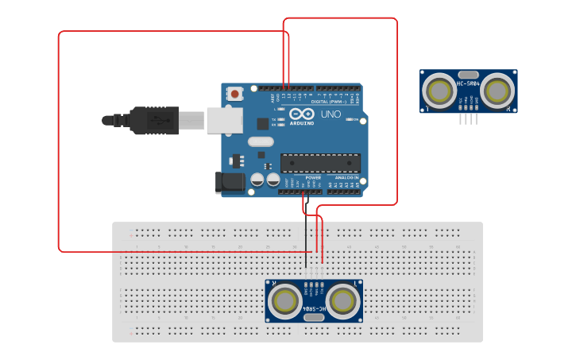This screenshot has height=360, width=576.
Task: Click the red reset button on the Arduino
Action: pyautogui.click(x=235, y=94)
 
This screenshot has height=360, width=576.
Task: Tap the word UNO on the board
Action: pyautogui.click(x=331, y=114)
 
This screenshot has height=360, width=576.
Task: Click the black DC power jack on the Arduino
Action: pyautogui.click(x=230, y=182)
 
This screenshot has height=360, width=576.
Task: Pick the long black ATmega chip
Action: pyautogui.click(x=320, y=163)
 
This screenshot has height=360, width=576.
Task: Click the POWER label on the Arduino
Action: pyautogui.click(x=313, y=178)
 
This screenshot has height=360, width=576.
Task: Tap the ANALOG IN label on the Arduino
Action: pyautogui.click(x=346, y=178)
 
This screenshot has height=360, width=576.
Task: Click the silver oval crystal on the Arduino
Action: pyautogui.click(x=260, y=142)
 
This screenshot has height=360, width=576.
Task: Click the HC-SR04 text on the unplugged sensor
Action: pyautogui.click(x=468, y=83)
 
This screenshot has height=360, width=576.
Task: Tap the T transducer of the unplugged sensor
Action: pyautogui.click(x=438, y=91)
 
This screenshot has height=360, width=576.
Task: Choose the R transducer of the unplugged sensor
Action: pyautogui.click(x=497, y=91)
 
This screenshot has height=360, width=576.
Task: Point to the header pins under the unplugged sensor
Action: pyautogui.click(x=468, y=118)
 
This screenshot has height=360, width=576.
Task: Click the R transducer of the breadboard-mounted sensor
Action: pyautogui.click(x=284, y=301)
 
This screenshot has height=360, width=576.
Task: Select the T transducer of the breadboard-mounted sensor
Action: pyautogui.click(x=343, y=301)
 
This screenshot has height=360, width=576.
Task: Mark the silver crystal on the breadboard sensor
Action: pyautogui.click(x=314, y=317)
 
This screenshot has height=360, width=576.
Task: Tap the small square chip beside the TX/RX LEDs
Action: pyautogui.click(x=263, y=123)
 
